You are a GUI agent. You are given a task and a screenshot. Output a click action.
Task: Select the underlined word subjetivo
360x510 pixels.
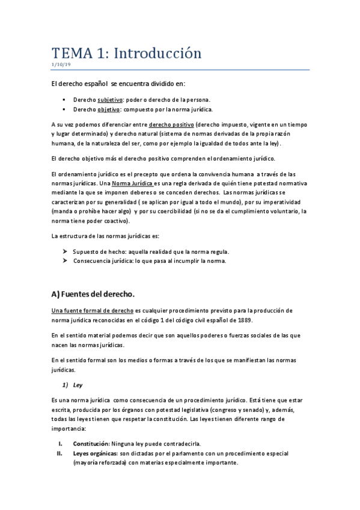pos(111,99)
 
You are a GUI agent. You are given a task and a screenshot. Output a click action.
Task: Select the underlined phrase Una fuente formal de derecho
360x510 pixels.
pos(92,310)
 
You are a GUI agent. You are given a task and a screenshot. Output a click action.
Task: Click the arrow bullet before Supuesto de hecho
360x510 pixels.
pos(65,251)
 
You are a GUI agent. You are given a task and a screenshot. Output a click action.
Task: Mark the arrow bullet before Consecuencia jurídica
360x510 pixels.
pos(65,261)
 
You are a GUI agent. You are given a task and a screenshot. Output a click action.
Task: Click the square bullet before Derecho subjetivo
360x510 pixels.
pos(64,99)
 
